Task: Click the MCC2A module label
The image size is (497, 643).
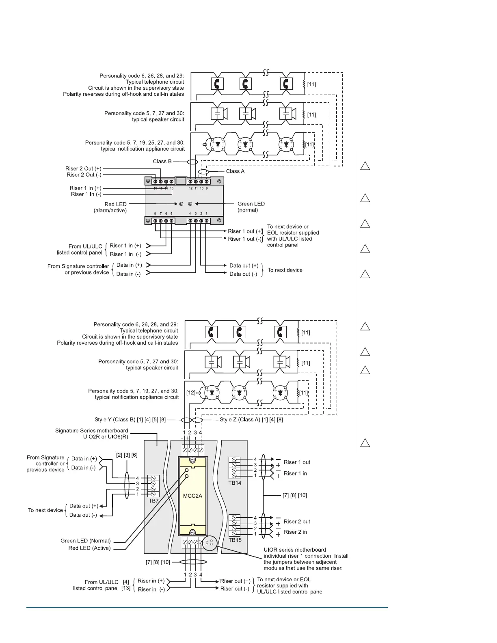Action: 192,496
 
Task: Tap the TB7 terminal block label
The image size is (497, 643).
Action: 153,501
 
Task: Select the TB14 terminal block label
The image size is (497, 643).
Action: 235,483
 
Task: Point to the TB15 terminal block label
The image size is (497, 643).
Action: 235,540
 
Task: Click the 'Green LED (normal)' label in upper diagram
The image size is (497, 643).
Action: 251,207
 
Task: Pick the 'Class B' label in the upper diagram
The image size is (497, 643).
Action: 162,161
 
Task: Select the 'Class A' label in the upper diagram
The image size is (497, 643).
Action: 235,171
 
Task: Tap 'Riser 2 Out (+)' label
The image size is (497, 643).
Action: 83,168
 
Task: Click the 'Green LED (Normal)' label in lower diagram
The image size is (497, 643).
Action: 85,541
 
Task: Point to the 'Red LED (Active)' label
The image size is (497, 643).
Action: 89,548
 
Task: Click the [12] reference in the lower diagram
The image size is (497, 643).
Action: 191,393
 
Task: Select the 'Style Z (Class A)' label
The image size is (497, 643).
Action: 251,419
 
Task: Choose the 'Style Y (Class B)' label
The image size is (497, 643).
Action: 130,419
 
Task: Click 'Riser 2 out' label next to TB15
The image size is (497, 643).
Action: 297,522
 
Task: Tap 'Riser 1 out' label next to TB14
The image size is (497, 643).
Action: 297,462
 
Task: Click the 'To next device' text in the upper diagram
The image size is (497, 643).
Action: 285,270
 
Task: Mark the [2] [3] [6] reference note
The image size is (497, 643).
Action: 127,455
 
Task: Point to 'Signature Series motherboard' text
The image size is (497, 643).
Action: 91,431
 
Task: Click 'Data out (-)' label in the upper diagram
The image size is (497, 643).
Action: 243,274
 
